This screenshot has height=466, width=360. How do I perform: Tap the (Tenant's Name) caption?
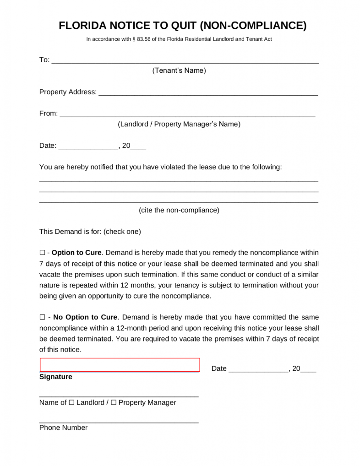click(x=179, y=70)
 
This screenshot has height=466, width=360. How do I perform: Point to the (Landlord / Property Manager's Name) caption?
click(x=179, y=124)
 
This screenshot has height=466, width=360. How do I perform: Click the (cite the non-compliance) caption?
click(x=179, y=210)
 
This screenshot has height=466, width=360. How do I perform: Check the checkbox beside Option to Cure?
click(x=42, y=253)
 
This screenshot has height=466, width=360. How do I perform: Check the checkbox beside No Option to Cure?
click(x=42, y=317)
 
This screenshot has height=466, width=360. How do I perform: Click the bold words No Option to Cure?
click(x=86, y=317)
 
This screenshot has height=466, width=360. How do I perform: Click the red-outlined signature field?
click(x=120, y=365)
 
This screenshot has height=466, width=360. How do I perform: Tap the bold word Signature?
click(x=56, y=377)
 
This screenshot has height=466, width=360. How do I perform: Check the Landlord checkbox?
click(x=71, y=403)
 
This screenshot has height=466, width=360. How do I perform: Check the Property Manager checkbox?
click(x=114, y=403)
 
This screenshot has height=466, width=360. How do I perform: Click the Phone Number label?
click(x=63, y=428)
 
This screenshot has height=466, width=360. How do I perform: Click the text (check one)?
click(x=122, y=232)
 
